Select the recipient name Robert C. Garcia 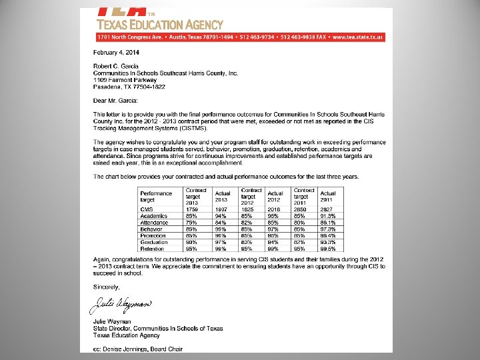(x=115, y=65)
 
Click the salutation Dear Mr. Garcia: (x=115, y=101)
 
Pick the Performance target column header (x=155, y=197)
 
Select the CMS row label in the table (x=147, y=209)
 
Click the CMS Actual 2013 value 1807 (x=221, y=209)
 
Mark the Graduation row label (x=153, y=242)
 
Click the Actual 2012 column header (x=275, y=197)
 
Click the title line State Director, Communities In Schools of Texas (x=158, y=328)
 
